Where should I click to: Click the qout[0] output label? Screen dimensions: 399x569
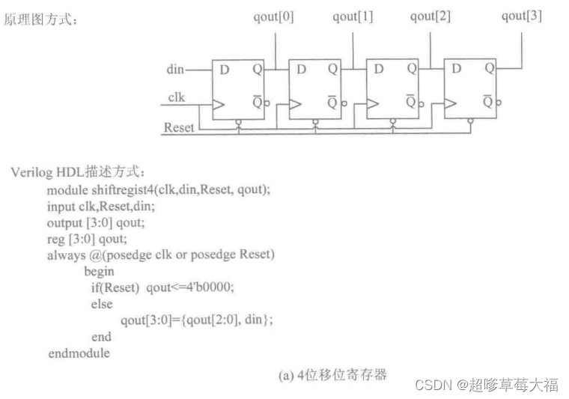click(x=273, y=16)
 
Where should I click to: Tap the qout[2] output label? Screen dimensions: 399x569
click(x=430, y=16)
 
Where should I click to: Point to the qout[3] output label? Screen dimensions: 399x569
click(x=522, y=16)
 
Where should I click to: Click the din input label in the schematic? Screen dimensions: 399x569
click(x=174, y=70)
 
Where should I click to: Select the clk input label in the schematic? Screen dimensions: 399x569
click(x=176, y=97)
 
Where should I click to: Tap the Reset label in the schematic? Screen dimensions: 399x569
click(x=179, y=127)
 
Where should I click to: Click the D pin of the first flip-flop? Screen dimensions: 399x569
click(x=224, y=70)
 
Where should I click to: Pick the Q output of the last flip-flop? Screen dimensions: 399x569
click(x=489, y=69)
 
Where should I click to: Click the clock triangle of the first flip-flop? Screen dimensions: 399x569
click(x=219, y=105)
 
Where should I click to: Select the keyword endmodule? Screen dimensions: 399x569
click(x=79, y=353)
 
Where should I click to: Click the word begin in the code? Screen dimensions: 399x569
click(x=99, y=272)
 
